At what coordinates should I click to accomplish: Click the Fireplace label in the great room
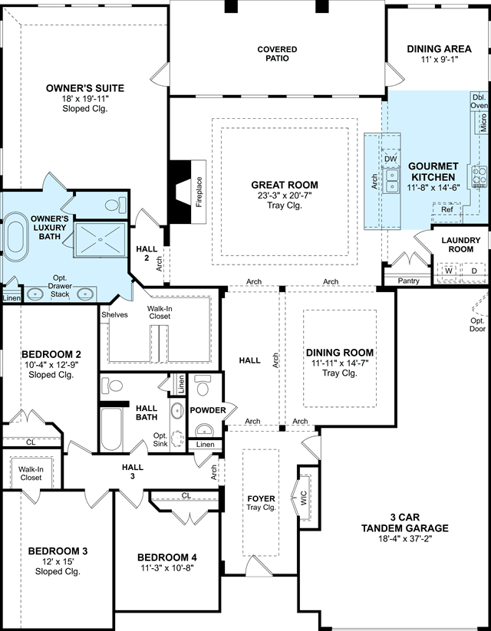pyautogui.click(x=199, y=192)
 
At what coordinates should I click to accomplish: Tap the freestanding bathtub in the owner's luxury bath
pyautogui.click(x=16, y=237)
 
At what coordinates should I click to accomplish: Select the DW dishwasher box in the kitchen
pyautogui.click(x=390, y=159)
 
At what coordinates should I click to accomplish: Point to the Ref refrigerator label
pyautogui.click(x=447, y=209)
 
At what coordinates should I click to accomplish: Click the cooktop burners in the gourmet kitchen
pyautogui.click(x=479, y=176)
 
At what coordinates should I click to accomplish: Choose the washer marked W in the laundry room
pyautogui.click(x=449, y=271)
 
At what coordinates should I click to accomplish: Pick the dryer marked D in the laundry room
pyautogui.click(x=474, y=271)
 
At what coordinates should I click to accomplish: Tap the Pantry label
pyautogui.click(x=408, y=281)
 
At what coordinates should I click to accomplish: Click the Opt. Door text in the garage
pyautogui.click(x=477, y=325)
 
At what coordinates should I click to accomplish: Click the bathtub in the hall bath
pyautogui.click(x=111, y=429)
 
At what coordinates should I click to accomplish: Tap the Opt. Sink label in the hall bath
pyautogui.click(x=160, y=439)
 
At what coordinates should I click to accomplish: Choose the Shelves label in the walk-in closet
pyautogui.click(x=114, y=314)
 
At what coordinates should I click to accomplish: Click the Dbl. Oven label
pyautogui.click(x=479, y=101)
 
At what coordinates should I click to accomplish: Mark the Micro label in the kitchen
pyautogui.click(x=483, y=123)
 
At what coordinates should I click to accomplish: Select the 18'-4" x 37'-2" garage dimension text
pyautogui.click(x=405, y=539)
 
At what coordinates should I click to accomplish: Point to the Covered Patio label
pyautogui.click(x=277, y=54)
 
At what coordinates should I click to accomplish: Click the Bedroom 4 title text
pyautogui.click(x=167, y=557)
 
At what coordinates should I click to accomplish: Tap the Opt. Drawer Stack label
pyautogui.click(x=60, y=286)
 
